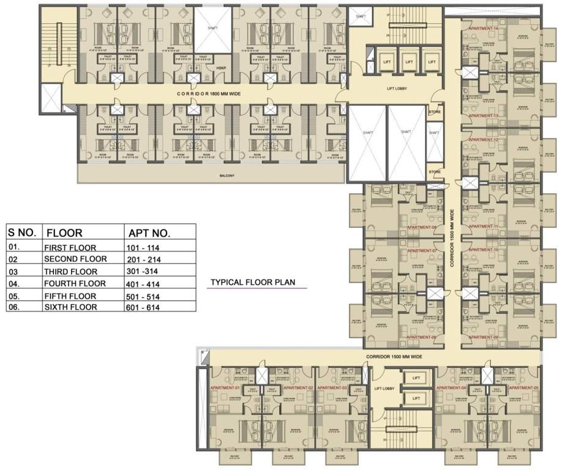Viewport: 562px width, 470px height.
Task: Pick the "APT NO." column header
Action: (x=149, y=233)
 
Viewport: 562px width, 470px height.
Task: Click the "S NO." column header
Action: (x=23, y=233)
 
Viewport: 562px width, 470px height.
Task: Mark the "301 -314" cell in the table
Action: (x=144, y=271)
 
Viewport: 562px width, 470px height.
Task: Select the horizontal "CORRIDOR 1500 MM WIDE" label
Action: (x=395, y=356)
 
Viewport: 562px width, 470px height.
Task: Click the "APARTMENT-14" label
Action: (x=484, y=29)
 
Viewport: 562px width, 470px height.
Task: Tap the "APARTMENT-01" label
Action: (x=225, y=388)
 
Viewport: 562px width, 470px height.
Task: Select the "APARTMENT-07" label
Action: (x=421, y=251)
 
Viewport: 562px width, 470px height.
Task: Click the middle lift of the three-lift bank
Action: (x=409, y=62)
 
